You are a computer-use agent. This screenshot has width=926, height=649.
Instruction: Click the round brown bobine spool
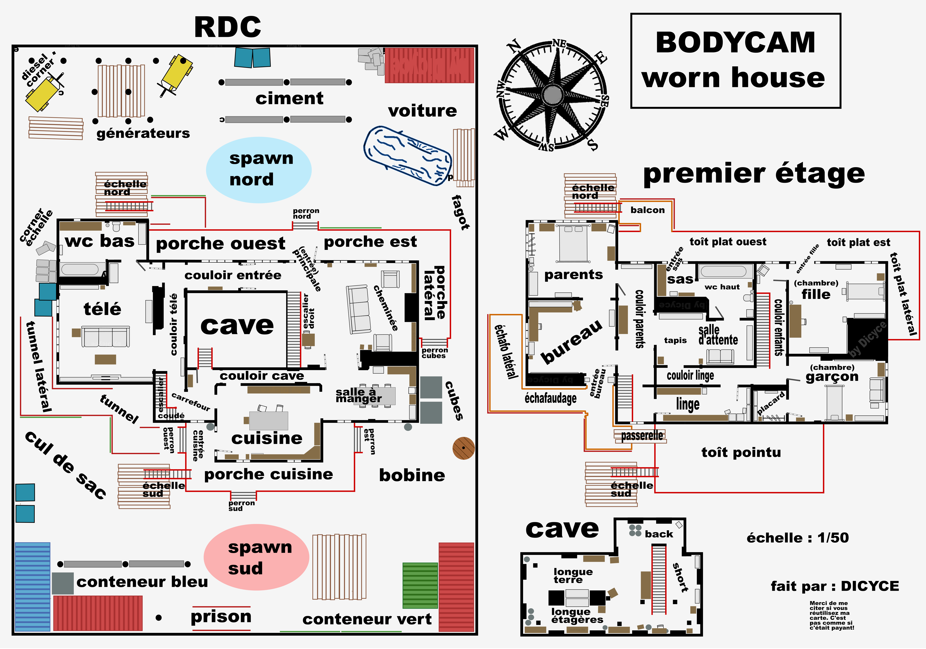click(x=463, y=448)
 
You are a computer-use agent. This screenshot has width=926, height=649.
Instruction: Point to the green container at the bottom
click(x=420, y=585)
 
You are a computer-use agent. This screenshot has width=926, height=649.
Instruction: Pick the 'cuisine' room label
click(x=267, y=438)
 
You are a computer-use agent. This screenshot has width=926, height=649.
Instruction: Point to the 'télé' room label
click(x=102, y=309)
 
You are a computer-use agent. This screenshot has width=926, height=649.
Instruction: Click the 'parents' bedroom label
click(x=573, y=275)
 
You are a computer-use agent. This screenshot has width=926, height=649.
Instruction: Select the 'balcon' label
click(x=647, y=210)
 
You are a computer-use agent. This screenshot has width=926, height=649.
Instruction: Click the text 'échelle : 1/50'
click(x=797, y=538)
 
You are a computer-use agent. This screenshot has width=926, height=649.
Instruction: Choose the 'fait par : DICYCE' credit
click(x=834, y=586)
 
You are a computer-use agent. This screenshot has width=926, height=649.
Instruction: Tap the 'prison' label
click(x=221, y=617)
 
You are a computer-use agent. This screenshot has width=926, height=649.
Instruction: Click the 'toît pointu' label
click(x=741, y=452)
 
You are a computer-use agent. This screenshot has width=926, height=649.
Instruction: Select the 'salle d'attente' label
click(x=718, y=335)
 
